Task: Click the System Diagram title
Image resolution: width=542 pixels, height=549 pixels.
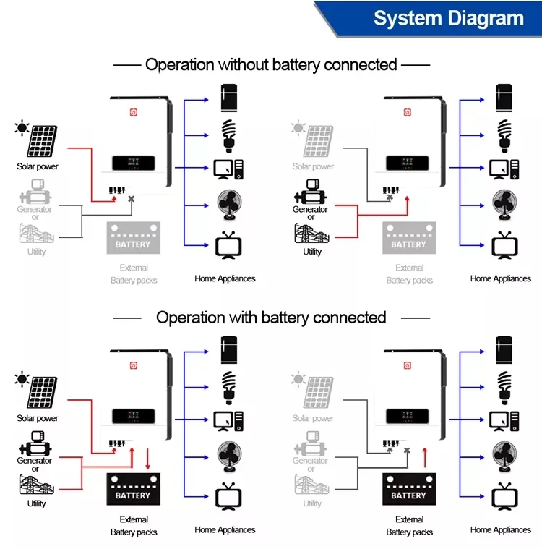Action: coord(448,18)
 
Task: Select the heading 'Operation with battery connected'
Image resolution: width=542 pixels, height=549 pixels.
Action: coord(271,318)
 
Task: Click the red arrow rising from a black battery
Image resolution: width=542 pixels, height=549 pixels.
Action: coord(425,456)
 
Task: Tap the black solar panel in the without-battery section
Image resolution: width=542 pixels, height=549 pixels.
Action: coord(43,142)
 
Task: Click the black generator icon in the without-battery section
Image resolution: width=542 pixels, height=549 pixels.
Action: coord(311,192)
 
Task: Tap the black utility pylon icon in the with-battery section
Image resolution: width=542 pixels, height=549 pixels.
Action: coord(35,485)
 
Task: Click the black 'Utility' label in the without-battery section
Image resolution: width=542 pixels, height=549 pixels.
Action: coord(312,252)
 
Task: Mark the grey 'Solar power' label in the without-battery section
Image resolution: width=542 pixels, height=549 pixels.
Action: coord(313,166)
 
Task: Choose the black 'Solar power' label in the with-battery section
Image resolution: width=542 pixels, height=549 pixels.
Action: coord(38,418)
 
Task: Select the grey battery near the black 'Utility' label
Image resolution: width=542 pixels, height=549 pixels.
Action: coord(409,238)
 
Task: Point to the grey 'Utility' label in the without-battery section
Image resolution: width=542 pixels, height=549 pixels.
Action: coord(36,252)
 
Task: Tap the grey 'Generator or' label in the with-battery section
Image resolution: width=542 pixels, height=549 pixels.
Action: coord(311,464)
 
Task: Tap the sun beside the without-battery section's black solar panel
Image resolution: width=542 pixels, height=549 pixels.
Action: coord(22,129)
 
